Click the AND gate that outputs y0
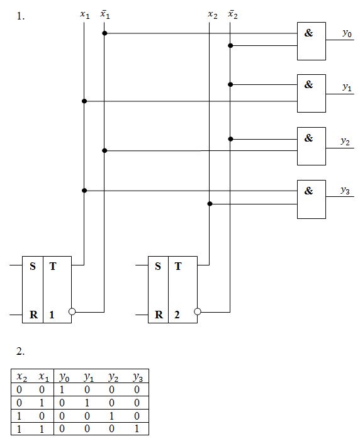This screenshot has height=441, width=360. (x=312, y=41)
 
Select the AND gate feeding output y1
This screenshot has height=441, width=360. (x=312, y=93)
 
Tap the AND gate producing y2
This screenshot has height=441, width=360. (x=312, y=146)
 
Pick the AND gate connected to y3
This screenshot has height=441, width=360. (x=312, y=199)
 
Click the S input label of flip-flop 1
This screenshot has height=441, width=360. (x=33, y=266)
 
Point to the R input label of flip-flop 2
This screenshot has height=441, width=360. (x=159, y=315)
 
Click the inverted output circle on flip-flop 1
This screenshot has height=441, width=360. (x=72, y=311)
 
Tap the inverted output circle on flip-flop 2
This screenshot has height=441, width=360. (x=198, y=311)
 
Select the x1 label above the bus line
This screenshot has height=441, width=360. (x=85, y=14)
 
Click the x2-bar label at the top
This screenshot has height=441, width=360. (x=233, y=14)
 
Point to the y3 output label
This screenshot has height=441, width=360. (x=345, y=191)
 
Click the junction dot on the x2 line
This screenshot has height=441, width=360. (x=210, y=204)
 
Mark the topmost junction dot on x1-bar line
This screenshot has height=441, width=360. (x=104, y=33)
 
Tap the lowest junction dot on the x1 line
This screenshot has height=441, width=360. (x=84, y=191)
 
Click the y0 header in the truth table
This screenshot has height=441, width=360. (x=64, y=377)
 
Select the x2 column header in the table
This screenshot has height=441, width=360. (x=22, y=377)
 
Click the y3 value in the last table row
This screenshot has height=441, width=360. (x=137, y=428)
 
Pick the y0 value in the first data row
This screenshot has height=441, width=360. (x=62, y=389)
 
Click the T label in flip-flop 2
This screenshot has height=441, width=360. (x=178, y=266)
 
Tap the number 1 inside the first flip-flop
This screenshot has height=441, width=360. (x=52, y=315)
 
